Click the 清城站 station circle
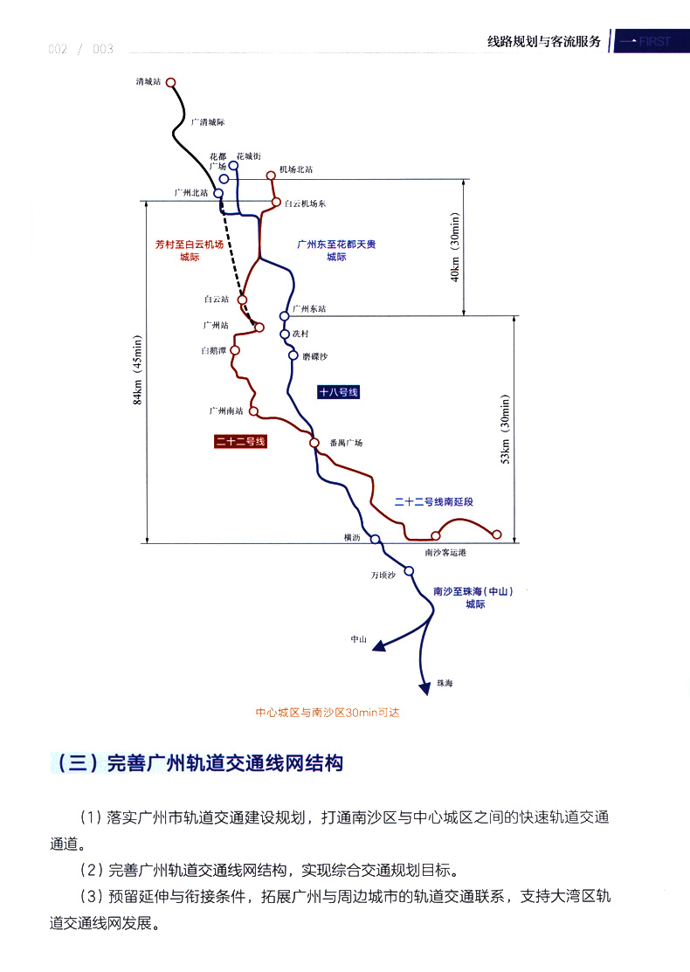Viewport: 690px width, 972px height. point(171,83)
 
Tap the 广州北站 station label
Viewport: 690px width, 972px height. point(191,192)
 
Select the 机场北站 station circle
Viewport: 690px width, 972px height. point(271,176)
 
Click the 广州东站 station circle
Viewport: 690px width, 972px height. point(285,316)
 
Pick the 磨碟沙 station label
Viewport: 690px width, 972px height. point(314,356)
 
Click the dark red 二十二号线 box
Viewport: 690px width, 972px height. point(240,442)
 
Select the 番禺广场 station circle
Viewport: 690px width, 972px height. point(314,444)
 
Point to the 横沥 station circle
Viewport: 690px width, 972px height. point(376,539)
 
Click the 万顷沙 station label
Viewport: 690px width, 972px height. point(383,575)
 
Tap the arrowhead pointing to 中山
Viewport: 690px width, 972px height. point(377,646)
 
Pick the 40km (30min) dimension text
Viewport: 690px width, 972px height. point(455,247)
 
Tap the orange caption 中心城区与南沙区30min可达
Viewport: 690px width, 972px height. point(326,713)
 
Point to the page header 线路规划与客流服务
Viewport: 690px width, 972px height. point(544,41)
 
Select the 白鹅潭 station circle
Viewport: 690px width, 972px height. point(235,350)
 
